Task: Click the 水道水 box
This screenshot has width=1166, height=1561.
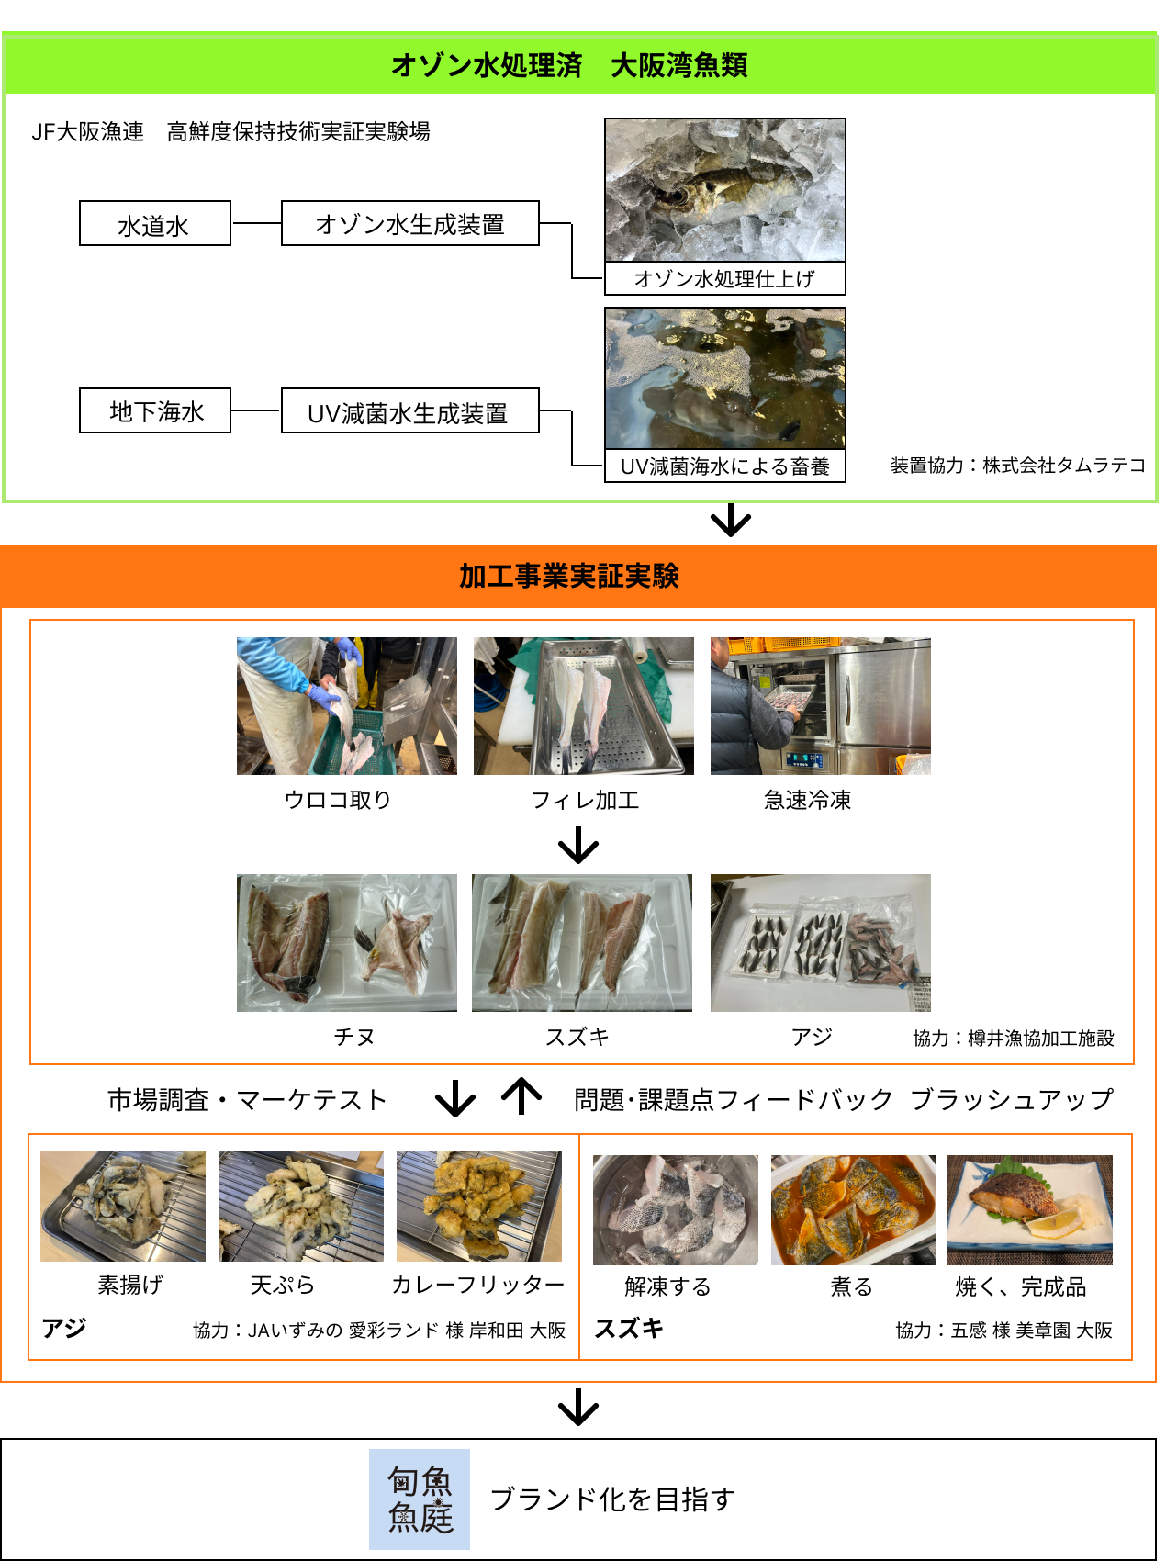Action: click(x=154, y=223)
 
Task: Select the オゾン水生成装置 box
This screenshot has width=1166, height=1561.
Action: click(x=409, y=223)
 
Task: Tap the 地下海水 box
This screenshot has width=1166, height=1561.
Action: click(x=154, y=410)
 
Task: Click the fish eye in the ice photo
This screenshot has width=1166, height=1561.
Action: click(x=680, y=195)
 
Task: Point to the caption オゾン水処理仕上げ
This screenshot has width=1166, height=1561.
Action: click(x=724, y=278)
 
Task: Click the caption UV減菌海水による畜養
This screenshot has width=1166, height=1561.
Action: click(x=724, y=466)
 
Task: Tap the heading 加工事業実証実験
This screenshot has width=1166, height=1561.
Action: click(x=569, y=576)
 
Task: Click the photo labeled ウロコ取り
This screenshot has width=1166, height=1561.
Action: click(x=347, y=706)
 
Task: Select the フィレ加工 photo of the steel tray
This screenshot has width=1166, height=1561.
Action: click(x=584, y=706)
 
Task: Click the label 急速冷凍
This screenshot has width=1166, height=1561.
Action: click(x=808, y=800)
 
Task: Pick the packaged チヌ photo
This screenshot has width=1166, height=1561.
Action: click(x=347, y=943)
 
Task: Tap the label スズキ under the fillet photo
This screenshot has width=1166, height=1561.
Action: click(x=577, y=1037)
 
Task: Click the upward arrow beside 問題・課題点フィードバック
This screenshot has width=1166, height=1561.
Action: click(x=521, y=1095)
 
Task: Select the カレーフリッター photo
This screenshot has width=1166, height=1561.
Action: click(x=479, y=1207)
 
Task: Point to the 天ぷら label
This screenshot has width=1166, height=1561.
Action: click(x=283, y=1285)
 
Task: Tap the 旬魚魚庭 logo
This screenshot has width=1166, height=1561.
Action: click(x=420, y=1499)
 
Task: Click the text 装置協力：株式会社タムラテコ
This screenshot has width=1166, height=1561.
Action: click(x=1018, y=466)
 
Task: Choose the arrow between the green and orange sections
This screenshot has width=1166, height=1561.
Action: click(x=732, y=520)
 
